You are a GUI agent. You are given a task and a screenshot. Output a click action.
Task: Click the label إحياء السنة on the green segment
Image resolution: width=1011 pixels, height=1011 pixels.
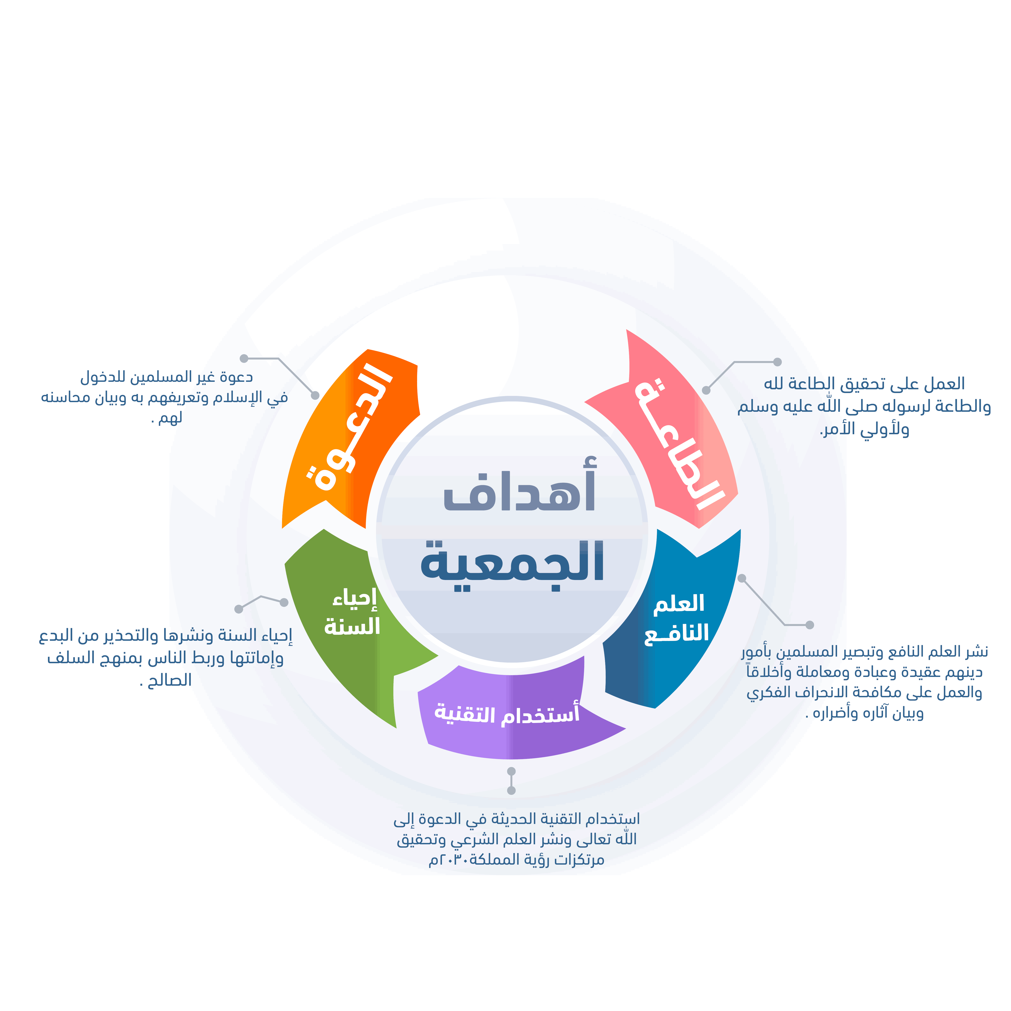pos(352,613)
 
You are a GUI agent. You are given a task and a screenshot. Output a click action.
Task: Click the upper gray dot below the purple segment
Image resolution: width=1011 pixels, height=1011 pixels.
pos(511,771)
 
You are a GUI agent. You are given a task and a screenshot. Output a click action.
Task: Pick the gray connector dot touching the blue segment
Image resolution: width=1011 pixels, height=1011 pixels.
pos(742,578)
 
